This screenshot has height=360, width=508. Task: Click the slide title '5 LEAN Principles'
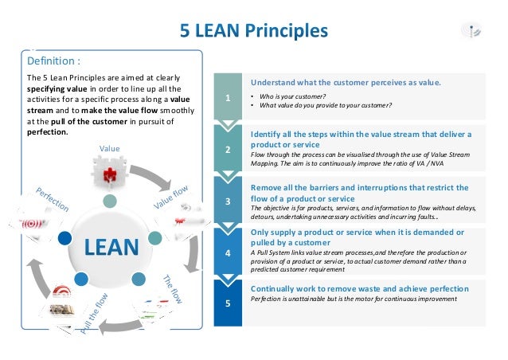(253, 31)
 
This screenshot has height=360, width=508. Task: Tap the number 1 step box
(228, 99)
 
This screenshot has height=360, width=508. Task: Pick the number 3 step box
(228, 202)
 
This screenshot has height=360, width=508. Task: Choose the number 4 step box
(228, 252)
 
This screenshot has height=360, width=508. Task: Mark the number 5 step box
(228, 303)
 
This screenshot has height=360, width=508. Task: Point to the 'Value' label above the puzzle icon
(109, 148)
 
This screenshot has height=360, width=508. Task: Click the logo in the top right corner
(472, 30)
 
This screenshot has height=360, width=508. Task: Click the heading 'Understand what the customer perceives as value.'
(346, 82)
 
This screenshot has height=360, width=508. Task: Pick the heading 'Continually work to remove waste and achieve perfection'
(359, 288)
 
